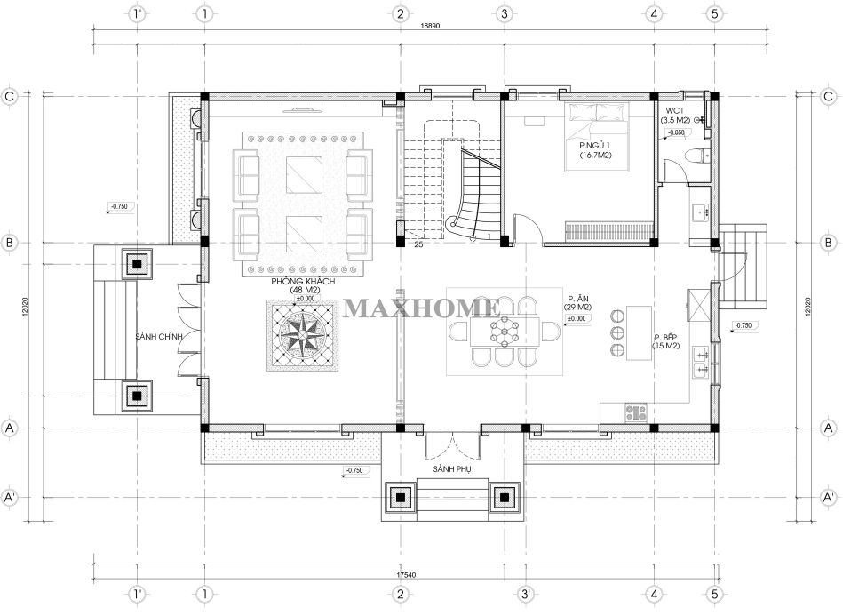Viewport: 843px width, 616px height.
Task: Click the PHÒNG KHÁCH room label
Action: point(303,282)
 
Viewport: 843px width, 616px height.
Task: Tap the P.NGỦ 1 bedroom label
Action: point(595,146)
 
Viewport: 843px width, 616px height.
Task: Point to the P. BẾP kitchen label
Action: point(665,337)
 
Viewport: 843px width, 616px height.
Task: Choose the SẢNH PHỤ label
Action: point(451,469)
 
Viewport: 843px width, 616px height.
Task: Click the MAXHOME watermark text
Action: point(421,308)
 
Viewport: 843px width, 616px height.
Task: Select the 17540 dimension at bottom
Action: point(407,574)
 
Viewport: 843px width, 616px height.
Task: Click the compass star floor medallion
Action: point(304,335)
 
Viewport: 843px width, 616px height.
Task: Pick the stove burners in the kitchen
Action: point(636,412)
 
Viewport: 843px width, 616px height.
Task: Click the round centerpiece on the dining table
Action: point(505,332)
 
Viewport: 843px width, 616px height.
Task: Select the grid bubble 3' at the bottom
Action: point(525,594)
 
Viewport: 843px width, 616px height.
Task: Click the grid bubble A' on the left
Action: point(9,498)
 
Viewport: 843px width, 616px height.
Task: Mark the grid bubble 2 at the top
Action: point(400,14)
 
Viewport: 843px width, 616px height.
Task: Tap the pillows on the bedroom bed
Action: point(597,112)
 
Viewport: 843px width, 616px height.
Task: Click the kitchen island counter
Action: point(639,333)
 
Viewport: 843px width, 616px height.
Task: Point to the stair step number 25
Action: point(418,244)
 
